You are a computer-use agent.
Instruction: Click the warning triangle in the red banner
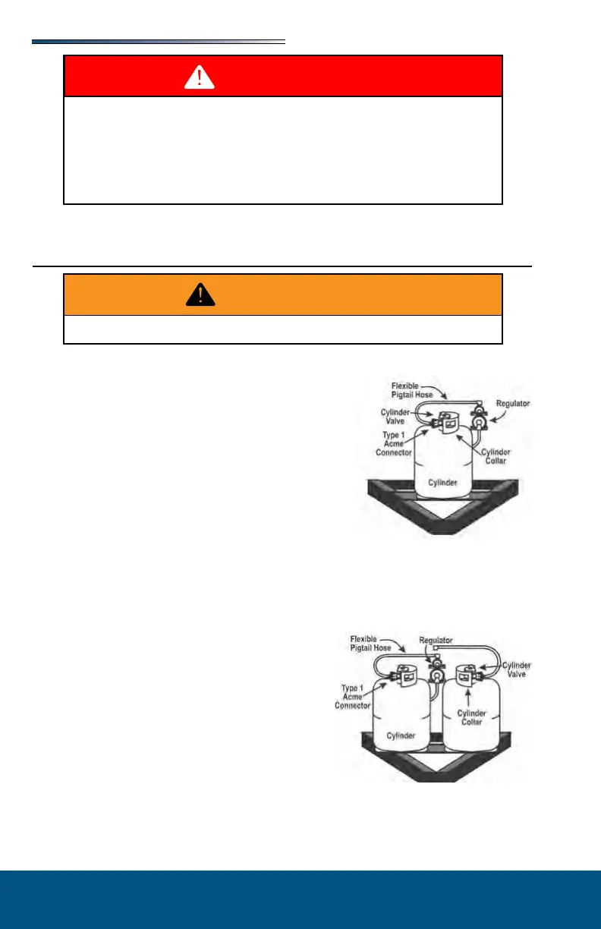pos(200,76)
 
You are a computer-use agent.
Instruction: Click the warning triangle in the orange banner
pos(200,294)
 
